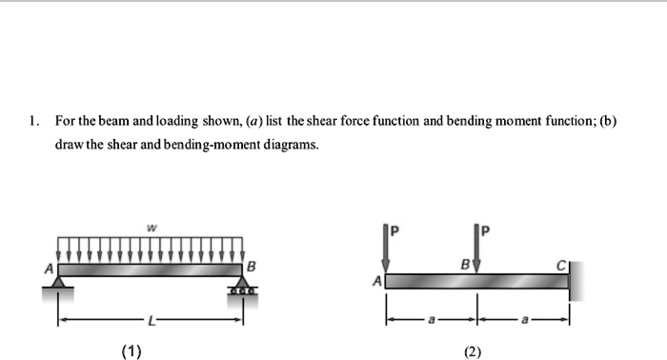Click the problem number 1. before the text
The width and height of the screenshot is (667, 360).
(34, 122)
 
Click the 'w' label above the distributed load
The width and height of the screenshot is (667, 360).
(150, 228)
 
